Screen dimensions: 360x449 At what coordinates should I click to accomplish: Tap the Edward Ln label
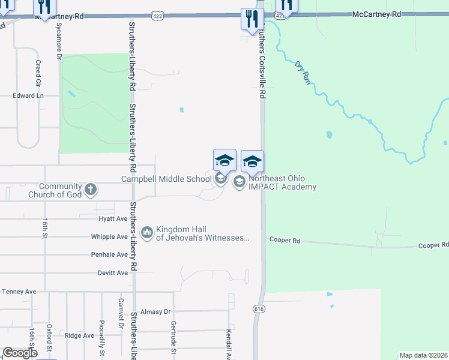pyautogui.click(x=29, y=95)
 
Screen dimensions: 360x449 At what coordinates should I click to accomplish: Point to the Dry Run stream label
pyautogui.click(x=304, y=71)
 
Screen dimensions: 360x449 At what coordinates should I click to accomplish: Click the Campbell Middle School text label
pyautogui.click(x=166, y=179)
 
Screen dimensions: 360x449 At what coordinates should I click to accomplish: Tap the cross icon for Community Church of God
pyautogui.click(x=90, y=190)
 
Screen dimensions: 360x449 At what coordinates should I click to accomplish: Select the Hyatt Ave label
pyautogui.click(x=113, y=219)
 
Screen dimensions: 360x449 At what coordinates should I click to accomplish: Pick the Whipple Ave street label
pyautogui.click(x=109, y=237)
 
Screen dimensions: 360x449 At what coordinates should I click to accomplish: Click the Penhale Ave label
pyautogui.click(x=109, y=254)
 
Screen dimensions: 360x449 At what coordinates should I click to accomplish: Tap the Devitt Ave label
pyautogui.click(x=113, y=272)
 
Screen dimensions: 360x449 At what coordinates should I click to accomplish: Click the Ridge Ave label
pyautogui.click(x=79, y=335)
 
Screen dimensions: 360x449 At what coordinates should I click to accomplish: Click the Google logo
pyautogui.click(x=20, y=353)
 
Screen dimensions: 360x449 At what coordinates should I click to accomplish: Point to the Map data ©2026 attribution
pyautogui.click(x=423, y=355)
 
